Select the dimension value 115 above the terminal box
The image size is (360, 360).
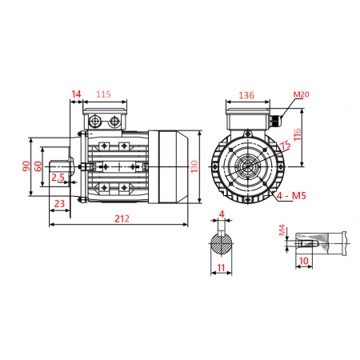104,94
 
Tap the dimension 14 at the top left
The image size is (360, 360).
76,94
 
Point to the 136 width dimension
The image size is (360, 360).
246,95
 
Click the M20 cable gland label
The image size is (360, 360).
300,94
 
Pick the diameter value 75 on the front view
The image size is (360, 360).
285,145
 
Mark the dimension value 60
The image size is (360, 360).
38,166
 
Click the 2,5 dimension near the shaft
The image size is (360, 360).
58,178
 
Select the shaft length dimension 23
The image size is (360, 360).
58,204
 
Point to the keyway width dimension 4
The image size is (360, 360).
221,214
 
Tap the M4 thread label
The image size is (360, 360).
282,231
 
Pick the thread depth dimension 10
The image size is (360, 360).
304,260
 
